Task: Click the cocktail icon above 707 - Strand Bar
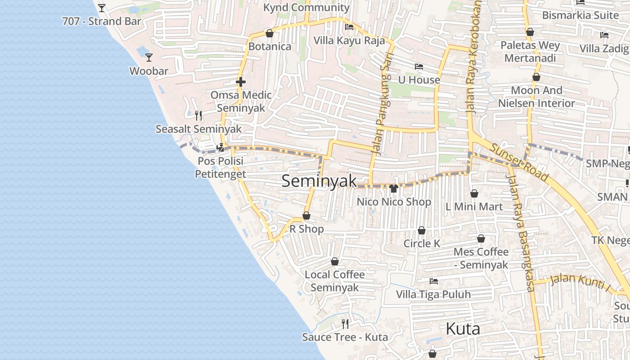[102, 8]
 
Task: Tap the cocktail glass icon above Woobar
[149, 58]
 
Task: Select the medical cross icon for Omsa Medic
[241, 82]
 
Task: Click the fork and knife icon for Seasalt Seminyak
[198, 116]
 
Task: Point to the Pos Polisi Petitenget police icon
[220, 147]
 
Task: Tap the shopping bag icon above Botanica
[270, 33]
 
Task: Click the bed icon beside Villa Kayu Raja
[349, 27]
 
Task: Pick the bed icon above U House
[419, 67]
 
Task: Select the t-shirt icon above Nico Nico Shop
[394, 189]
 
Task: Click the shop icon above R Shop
[306, 216]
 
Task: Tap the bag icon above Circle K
[422, 230]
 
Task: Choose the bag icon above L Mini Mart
[474, 193]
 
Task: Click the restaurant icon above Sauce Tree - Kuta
[345, 324]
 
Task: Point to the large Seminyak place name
[319, 181]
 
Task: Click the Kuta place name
[463, 329]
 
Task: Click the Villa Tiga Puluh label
[433, 294]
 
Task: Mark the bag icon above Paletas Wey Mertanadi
[530, 32]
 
